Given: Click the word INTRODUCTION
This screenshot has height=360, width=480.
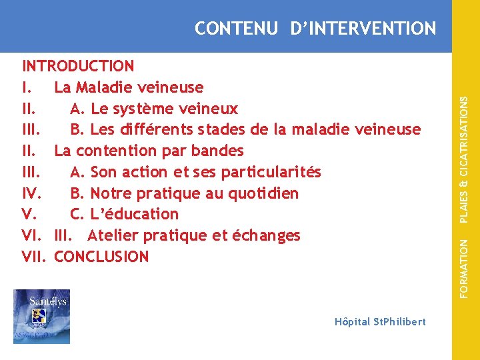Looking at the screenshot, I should click(78, 66).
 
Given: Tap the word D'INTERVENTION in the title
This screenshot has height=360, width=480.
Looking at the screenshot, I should click(363, 29).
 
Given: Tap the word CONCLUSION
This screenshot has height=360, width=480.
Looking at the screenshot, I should click(101, 257).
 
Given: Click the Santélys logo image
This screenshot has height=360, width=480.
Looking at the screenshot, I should click(41, 316).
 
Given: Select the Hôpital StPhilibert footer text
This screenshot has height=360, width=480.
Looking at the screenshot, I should click(380, 321).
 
